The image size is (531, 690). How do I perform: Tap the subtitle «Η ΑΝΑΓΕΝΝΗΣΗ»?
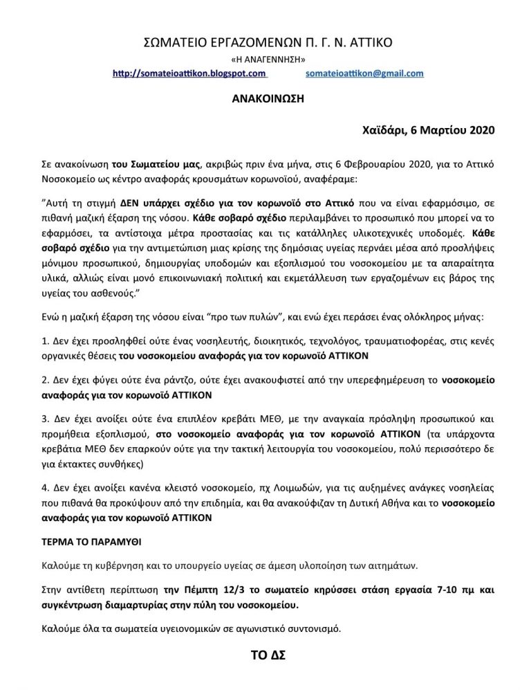click(x=266, y=60)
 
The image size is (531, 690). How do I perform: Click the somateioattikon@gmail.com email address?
click(x=364, y=73)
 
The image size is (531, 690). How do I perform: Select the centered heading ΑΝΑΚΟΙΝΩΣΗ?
click(x=266, y=98)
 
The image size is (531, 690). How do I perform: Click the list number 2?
click(x=44, y=381)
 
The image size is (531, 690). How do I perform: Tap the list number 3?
click(x=44, y=420)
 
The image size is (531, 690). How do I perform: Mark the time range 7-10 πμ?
click(x=431, y=591)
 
